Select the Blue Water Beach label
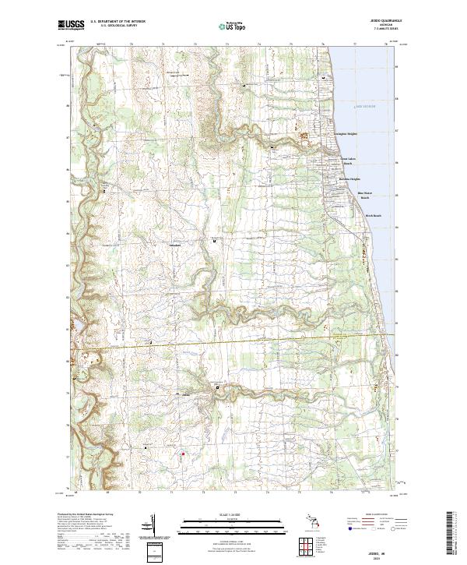365,196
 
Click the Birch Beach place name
373,217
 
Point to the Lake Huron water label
366,106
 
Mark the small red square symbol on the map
183,454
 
